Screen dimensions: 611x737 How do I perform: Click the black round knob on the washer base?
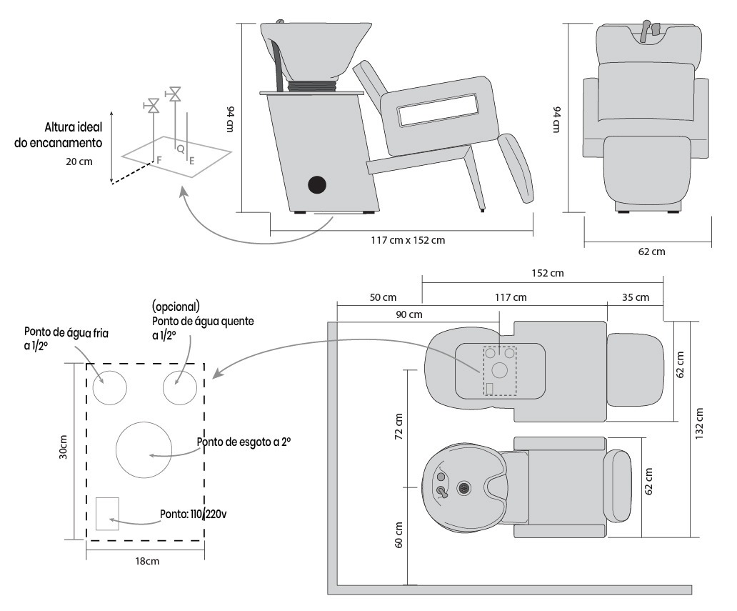(x=316, y=184)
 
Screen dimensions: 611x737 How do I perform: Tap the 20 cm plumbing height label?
(x=79, y=162)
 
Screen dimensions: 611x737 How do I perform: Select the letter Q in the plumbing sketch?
(x=180, y=149)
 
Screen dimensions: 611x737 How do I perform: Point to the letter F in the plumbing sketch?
(x=159, y=162)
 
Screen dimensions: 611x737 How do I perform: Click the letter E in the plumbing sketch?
(x=192, y=162)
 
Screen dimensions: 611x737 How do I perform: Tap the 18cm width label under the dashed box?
(x=147, y=561)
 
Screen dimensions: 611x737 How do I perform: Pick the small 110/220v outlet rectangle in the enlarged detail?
(x=107, y=513)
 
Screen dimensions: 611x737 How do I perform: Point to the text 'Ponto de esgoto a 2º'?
(x=244, y=442)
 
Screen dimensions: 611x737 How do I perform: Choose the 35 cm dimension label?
(x=635, y=297)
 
